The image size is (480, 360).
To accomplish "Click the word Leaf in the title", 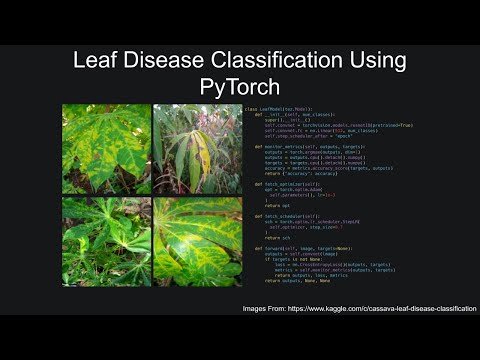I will click(97, 61).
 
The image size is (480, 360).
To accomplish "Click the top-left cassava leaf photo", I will click(106, 148).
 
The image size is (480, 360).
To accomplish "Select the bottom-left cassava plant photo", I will click(106, 240).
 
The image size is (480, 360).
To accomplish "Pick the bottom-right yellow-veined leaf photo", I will click(197, 240).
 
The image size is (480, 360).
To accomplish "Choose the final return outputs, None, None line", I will click(300, 281).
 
